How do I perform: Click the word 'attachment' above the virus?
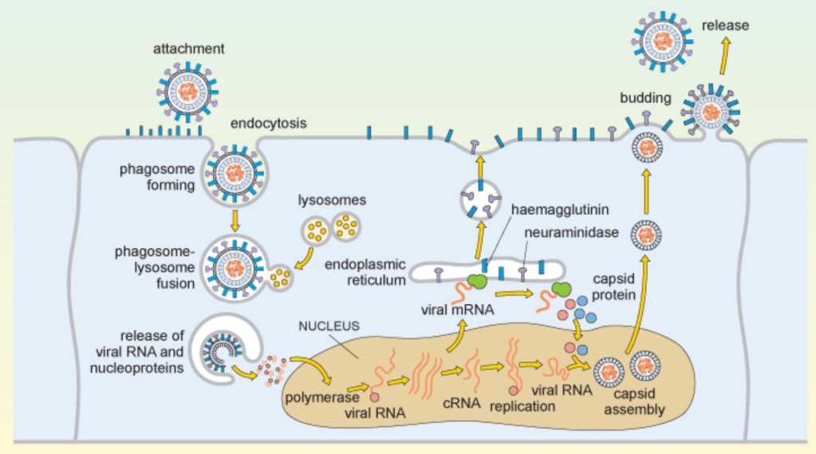click(189, 49)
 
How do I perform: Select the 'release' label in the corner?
click(725, 26)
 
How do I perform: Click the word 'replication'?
click(522, 406)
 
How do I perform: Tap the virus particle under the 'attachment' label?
click(188, 89)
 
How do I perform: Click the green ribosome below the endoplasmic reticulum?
click(477, 281)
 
